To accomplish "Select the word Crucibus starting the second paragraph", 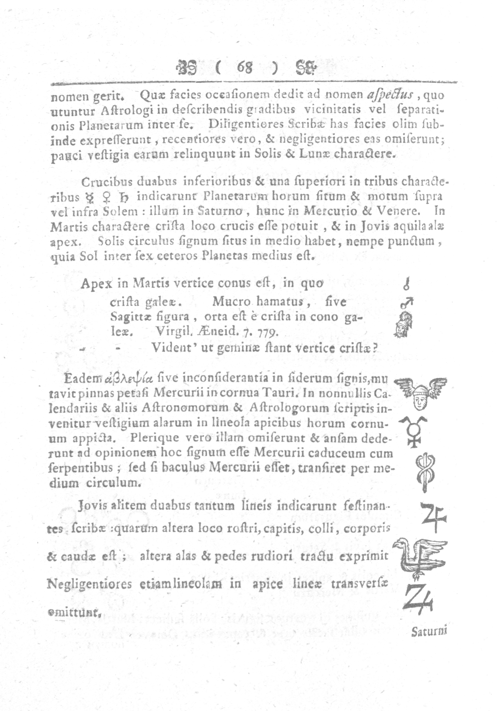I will [103, 182].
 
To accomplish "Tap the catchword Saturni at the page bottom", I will [429, 631].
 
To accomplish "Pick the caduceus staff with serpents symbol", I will [425, 471].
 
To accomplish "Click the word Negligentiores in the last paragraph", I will [85, 584].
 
